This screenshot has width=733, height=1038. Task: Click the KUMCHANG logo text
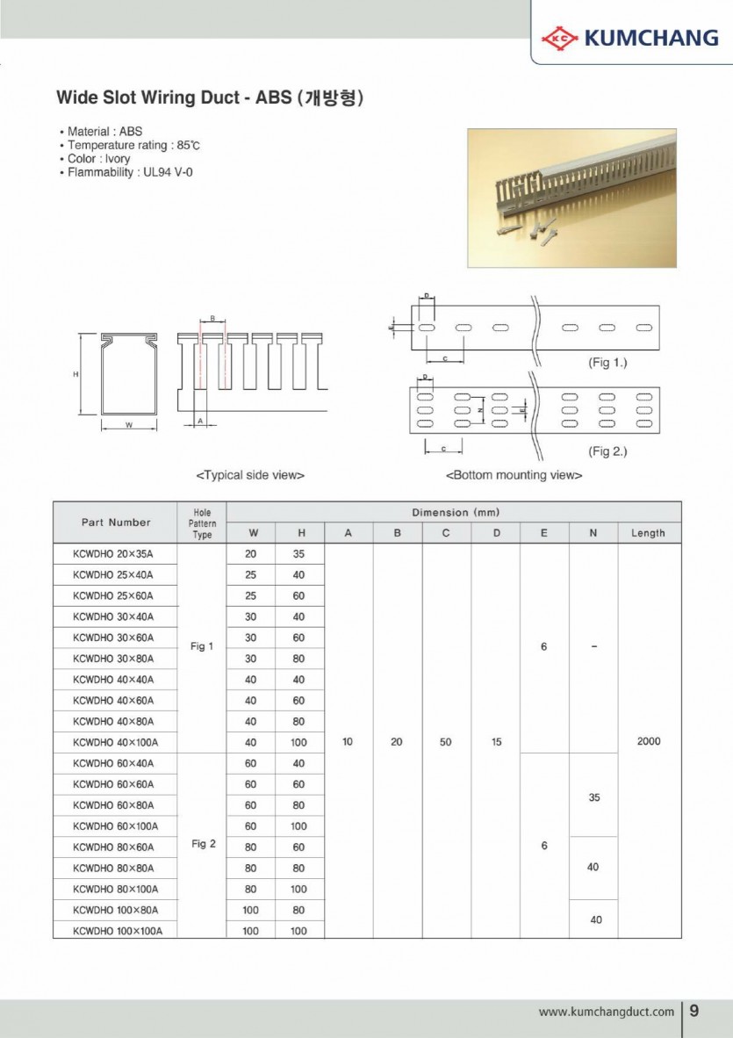coord(650,38)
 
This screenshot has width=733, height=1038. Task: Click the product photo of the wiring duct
coord(571,198)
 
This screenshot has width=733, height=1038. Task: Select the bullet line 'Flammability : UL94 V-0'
coord(130,172)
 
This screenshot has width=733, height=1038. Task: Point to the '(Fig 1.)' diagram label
coord(607,362)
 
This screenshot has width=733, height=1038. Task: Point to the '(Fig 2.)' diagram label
coord(607,451)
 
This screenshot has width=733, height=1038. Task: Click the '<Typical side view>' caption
coord(250,475)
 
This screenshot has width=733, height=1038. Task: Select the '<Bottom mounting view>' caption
coord(514,475)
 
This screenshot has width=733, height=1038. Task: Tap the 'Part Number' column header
coord(116,523)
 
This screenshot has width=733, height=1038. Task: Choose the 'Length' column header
coord(648,533)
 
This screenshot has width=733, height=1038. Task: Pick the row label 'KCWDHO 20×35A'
coord(113,553)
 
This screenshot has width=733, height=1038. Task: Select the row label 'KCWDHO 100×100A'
coord(118,931)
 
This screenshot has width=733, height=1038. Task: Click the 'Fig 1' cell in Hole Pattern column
coord(202,646)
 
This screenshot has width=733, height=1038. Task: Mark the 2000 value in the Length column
coord(649,741)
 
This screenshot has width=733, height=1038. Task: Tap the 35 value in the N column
coord(593,797)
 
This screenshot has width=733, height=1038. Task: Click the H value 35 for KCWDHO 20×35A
coord(298,553)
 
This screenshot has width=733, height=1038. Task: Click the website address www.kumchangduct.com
coord(606,1012)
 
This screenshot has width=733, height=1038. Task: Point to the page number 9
coord(694,1011)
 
